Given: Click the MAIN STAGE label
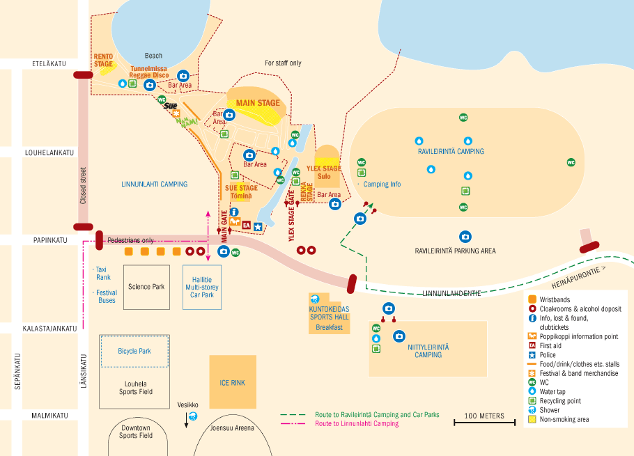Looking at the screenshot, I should pos(258,103).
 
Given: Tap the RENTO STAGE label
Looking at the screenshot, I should pos(103,61).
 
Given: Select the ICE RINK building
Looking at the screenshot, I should pos(233,382).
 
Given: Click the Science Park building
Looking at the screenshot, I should pos(146,286).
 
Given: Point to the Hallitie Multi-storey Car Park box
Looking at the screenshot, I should pos(202,286).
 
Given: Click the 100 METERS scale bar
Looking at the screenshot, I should pos(484,420).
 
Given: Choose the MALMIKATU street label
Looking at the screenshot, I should pos(49,416).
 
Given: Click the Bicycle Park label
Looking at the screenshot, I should pos(134,351).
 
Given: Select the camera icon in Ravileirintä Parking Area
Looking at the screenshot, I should pos(465,237).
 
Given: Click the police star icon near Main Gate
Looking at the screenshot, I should pos(258,226).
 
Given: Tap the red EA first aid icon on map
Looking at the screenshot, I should pos(246,225).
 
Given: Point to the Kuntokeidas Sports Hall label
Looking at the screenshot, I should pos(330,312).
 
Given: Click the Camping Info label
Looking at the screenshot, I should pos(382,184).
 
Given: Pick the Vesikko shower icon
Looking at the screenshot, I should pos(193,416).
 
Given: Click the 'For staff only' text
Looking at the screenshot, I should pos(283,63).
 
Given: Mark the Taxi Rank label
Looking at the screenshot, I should pos(103,272).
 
